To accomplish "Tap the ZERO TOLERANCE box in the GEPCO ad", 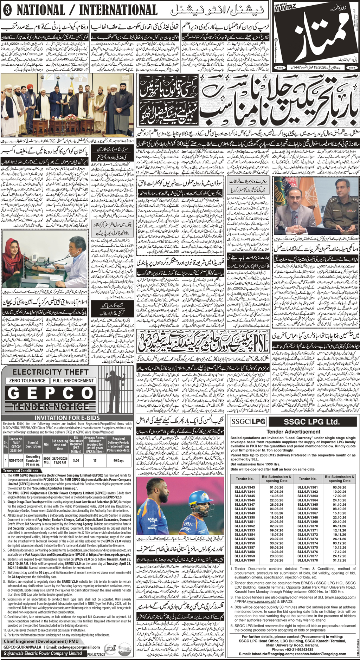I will click(x=27, y=381).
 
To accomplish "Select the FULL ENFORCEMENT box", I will click(x=73, y=381).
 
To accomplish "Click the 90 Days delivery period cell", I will click(x=118, y=460).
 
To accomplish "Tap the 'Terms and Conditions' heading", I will click(x=21, y=471).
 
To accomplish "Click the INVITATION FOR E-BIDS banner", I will click(x=66, y=417).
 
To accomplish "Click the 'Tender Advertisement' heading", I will click(x=293, y=432).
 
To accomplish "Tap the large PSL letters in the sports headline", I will click(x=260, y=342).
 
